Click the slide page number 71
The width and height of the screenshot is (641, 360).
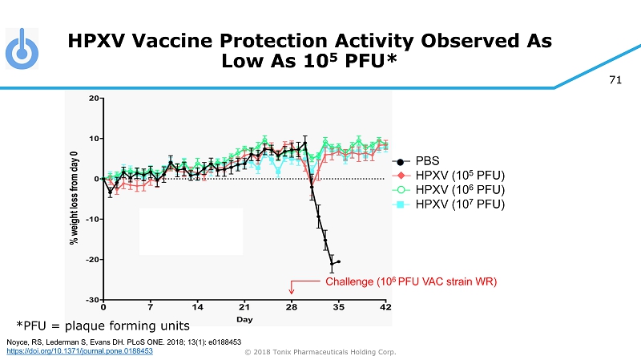click(615, 80)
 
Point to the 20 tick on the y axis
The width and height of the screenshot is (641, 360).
click(93, 99)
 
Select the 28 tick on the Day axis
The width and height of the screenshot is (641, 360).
click(292, 307)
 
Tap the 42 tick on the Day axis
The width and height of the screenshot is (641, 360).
click(385, 307)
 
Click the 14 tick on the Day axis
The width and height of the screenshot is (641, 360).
click(197, 307)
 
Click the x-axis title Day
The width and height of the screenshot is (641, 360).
click(244, 319)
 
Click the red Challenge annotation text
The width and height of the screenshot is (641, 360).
click(411, 282)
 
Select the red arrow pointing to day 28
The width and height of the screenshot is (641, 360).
click(292, 287)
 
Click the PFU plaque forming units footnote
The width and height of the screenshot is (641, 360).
click(104, 326)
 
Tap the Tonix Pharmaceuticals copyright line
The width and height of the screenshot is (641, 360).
click(320, 351)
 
